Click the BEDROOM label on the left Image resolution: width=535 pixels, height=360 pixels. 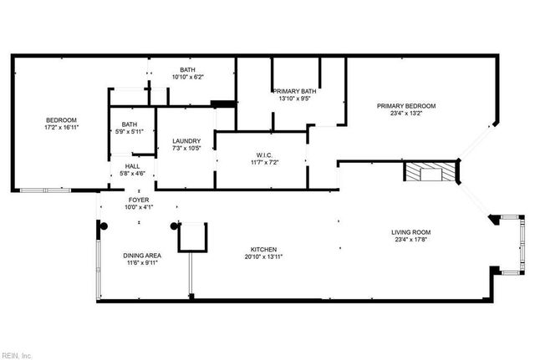60,119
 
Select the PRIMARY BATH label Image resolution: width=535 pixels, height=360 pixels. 292,91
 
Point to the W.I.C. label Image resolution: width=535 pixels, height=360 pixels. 265,154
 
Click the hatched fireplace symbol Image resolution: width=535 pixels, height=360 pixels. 432,172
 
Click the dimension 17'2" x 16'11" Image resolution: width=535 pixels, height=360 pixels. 60,127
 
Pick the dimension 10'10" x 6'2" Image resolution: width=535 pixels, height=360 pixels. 187,77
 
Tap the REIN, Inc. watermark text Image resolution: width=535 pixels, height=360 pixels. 17,355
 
